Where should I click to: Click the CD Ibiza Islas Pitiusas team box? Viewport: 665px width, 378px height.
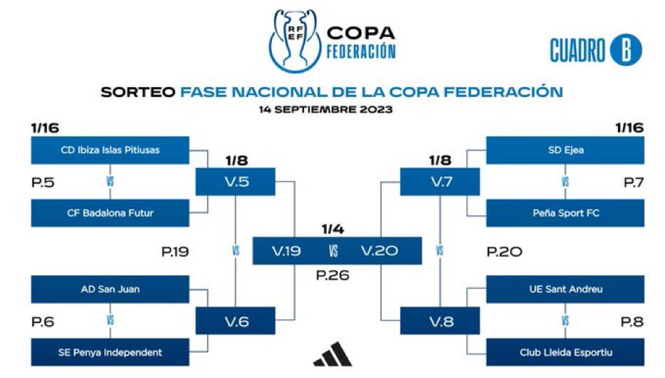coord(110,150)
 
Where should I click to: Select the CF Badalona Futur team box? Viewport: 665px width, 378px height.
coord(110,213)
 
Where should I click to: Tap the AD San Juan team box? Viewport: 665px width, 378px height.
coord(110,290)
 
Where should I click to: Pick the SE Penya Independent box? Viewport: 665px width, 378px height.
coord(110,352)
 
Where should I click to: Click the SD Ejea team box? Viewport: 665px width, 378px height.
coord(565,150)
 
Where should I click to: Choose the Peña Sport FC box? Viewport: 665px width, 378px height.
coord(565,213)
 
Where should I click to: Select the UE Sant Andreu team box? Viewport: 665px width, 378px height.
coord(565,290)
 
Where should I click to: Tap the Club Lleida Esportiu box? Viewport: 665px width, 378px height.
coord(565,352)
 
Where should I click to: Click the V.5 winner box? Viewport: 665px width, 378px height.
coord(236,182)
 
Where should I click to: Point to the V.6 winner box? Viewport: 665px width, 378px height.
coord(236,321)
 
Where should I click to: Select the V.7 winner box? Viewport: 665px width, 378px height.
coord(440,182)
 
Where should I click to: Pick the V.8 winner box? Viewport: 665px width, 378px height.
coord(440,321)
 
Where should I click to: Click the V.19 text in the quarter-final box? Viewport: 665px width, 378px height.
coord(286,251)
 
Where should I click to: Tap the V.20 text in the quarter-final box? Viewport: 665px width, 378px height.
coord(379,251)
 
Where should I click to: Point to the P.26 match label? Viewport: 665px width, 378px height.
coord(333,275)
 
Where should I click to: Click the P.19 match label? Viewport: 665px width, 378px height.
coord(175,252)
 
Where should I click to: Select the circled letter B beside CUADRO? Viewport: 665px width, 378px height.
coord(626,50)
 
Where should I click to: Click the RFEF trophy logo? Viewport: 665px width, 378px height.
coord(295,41)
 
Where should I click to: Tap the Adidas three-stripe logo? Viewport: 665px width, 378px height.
coord(333,354)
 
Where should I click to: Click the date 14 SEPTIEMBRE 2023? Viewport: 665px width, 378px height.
coord(325,110)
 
